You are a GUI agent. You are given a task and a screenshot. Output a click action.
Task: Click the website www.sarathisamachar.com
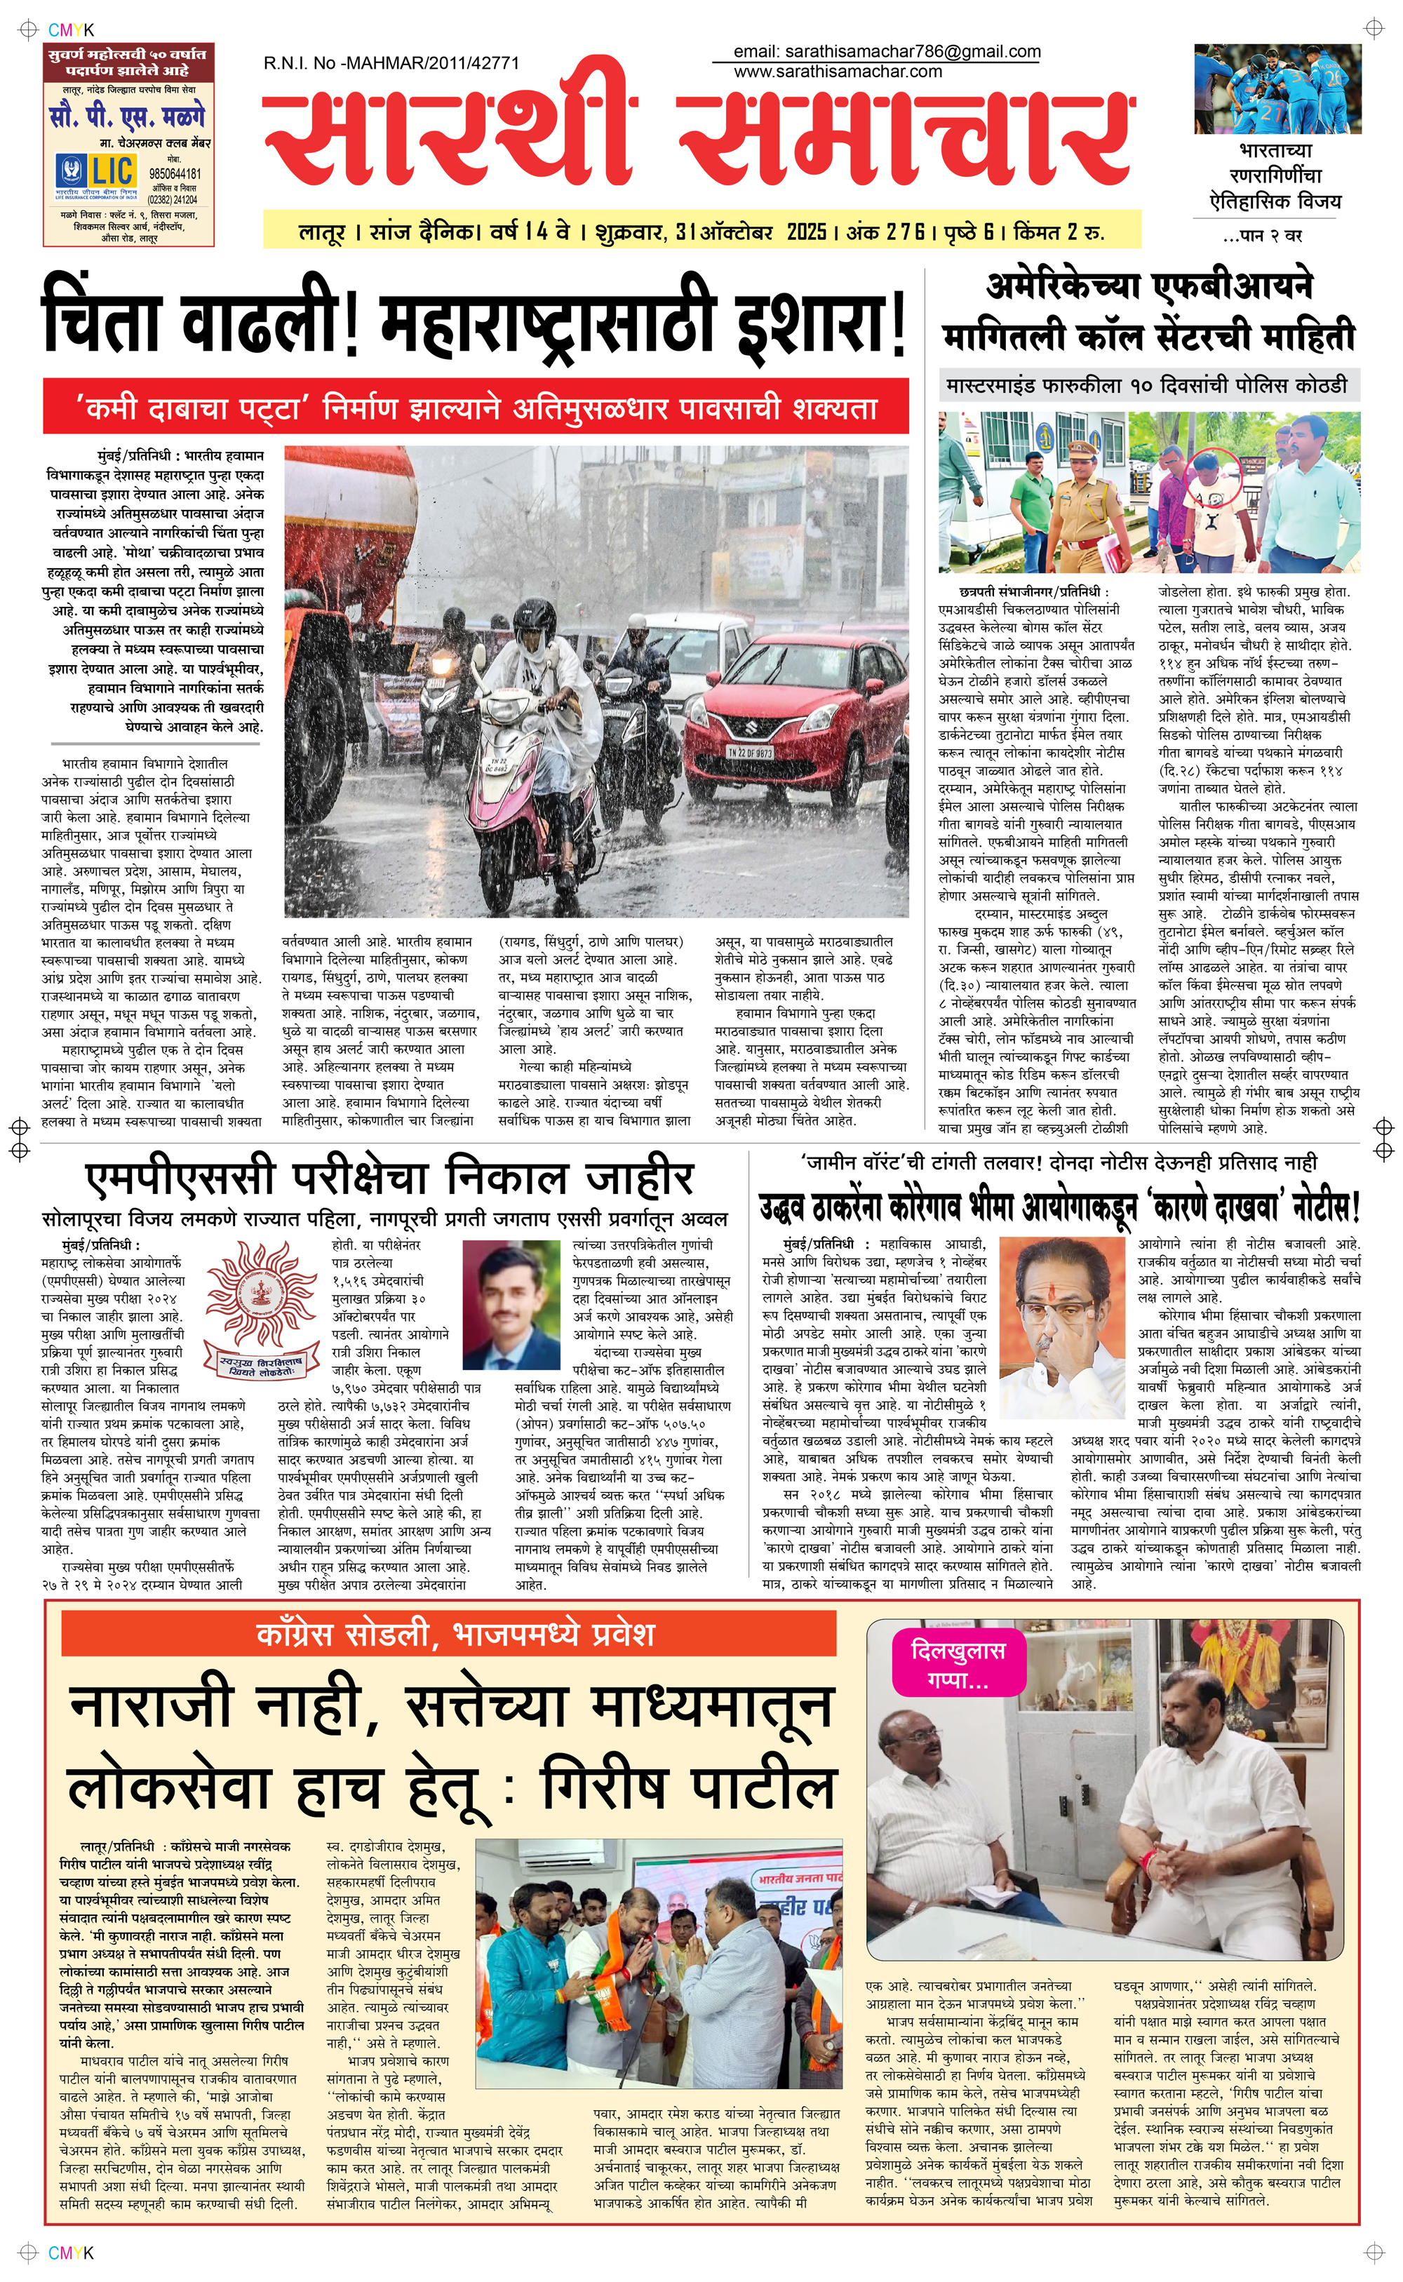pyautogui.click(x=837, y=72)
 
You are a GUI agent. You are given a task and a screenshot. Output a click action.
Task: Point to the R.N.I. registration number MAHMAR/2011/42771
pyautogui.click(x=391, y=63)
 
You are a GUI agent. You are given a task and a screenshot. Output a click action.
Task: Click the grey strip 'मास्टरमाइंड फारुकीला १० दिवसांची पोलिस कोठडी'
pyautogui.click(x=1146, y=384)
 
